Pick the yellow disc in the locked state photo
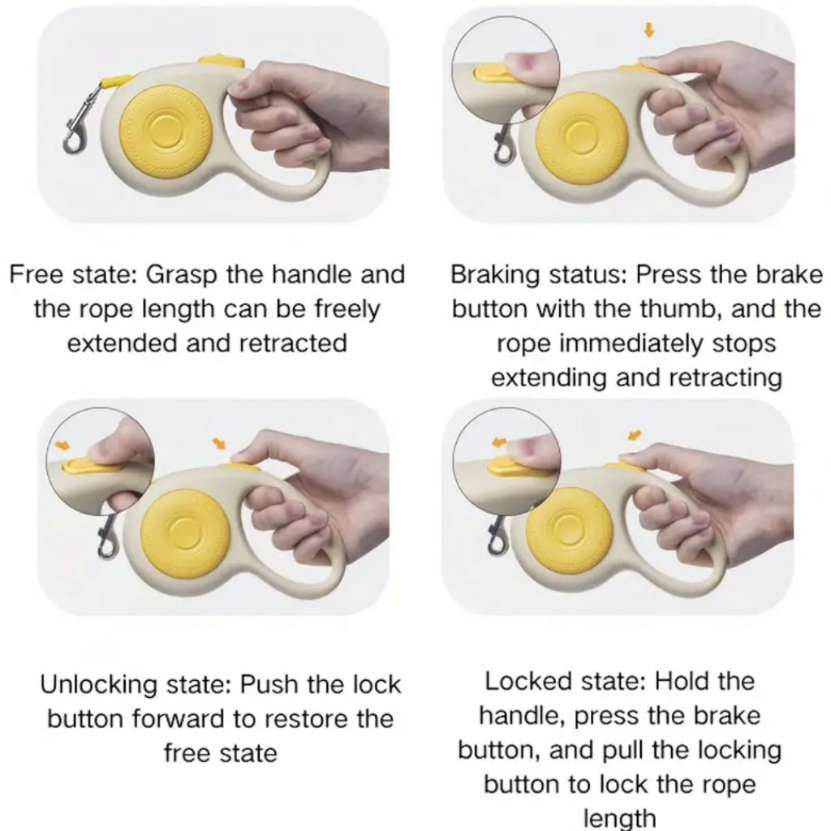click(x=569, y=528)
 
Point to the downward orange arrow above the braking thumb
click(x=648, y=31)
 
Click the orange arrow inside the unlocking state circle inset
click(x=62, y=446)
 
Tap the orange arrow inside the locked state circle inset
click(x=499, y=441)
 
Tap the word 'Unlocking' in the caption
click(x=96, y=685)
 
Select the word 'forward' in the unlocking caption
click(x=179, y=719)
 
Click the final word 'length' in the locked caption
click(x=619, y=818)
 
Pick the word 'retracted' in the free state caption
click(x=293, y=343)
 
